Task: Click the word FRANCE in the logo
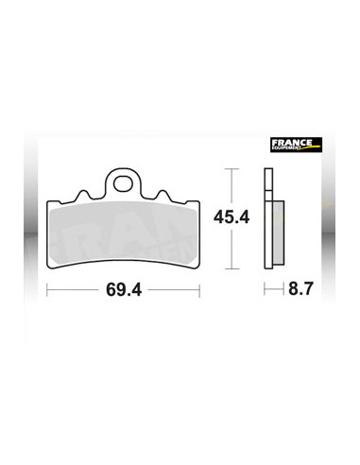(x=297, y=144)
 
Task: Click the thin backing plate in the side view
(x=268, y=217)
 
